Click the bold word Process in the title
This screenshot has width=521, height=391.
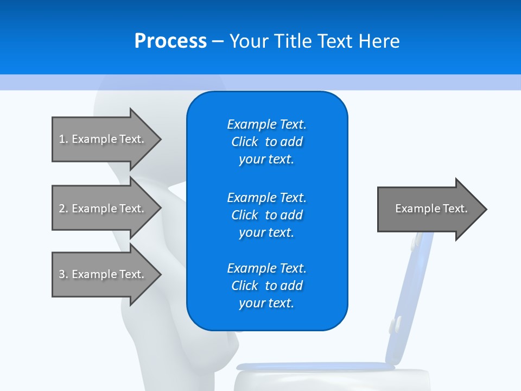[x=170, y=41]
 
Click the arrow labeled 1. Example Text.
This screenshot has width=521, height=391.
[x=103, y=139]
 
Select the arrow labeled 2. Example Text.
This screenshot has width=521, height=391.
[x=103, y=209]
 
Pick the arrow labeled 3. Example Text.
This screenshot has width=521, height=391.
[x=103, y=274]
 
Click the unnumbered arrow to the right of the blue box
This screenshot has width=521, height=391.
[x=429, y=209]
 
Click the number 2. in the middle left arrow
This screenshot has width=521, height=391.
[x=63, y=209]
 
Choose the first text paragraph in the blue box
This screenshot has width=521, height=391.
[x=266, y=142]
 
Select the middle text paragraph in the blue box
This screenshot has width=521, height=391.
[x=266, y=215]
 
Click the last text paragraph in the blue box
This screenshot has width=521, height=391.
[x=266, y=286]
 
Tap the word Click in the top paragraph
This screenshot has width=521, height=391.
[x=245, y=142]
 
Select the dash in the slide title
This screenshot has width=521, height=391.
[x=218, y=41]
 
